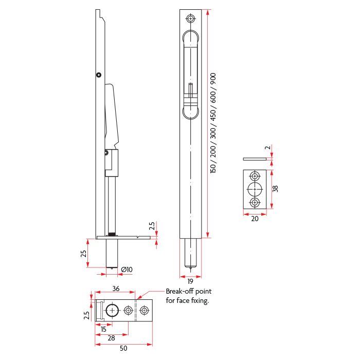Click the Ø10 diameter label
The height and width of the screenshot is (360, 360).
click(x=127, y=269)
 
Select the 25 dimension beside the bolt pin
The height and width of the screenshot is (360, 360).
click(x=83, y=254)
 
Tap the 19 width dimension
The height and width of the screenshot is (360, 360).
click(x=190, y=281)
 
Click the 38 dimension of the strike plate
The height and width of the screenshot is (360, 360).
click(x=275, y=189)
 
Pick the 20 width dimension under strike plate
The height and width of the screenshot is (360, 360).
click(x=255, y=219)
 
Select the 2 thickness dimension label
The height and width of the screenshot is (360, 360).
click(x=268, y=148)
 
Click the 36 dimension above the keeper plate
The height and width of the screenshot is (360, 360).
click(x=116, y=289)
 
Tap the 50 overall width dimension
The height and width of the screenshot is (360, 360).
click(x=123, y=348)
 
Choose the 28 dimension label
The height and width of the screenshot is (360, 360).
click(x=112, y=338)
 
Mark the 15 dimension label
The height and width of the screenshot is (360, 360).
click(x=103, y=329)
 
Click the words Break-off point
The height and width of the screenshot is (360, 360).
click(x=189, y=292)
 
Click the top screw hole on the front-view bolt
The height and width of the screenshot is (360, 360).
click(x=191, y=19)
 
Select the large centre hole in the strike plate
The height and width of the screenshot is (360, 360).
click(x=255, y=189)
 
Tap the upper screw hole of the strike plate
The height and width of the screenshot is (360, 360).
click(x=255, y=176)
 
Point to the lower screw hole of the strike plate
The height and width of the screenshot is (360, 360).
click(x=255, y=203)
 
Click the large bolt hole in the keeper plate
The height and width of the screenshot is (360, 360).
click(x=112, y=311)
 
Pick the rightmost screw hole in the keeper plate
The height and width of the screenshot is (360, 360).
click(x=144, y=311)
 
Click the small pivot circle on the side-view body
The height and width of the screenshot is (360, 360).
click(x=99, y=75)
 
